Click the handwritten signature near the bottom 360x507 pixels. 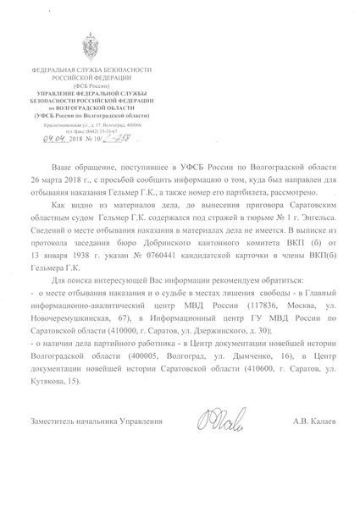click(207, 440)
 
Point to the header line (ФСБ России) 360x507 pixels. click(82, 86)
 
